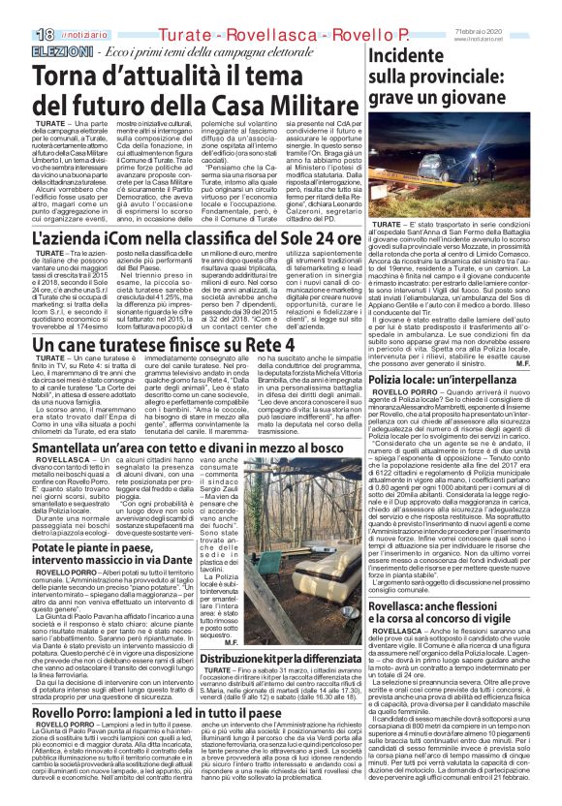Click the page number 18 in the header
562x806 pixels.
click(x=20, y=9)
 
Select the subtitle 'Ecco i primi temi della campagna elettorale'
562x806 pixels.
click(x=180, y=23)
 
